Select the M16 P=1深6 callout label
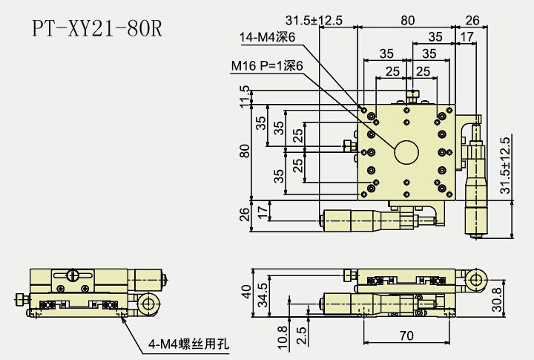(x=267, y=67)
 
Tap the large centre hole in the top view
(x=407, y=151)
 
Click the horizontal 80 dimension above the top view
(x=407, y=21)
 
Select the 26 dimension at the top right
(x=472, y=21)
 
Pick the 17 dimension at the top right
(x=467, y=36)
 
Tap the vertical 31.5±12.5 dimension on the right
(x=506, y=166)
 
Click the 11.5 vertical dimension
(x=245, y=96)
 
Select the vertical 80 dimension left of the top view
(x=245, y=151)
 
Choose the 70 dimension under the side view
(x=406, y=336)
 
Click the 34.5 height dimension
(x=261, y=295)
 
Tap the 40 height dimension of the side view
(x=245, y=290)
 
